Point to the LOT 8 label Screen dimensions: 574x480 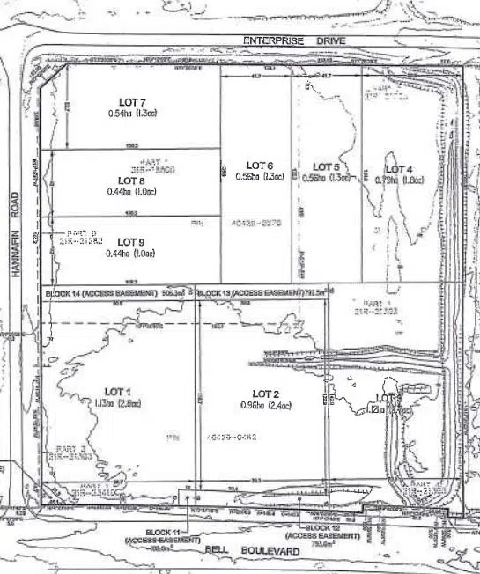130,181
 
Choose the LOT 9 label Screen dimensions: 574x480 129,241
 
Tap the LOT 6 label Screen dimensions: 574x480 259,166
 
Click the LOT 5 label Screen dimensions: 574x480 326,166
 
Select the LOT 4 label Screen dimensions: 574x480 398,169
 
